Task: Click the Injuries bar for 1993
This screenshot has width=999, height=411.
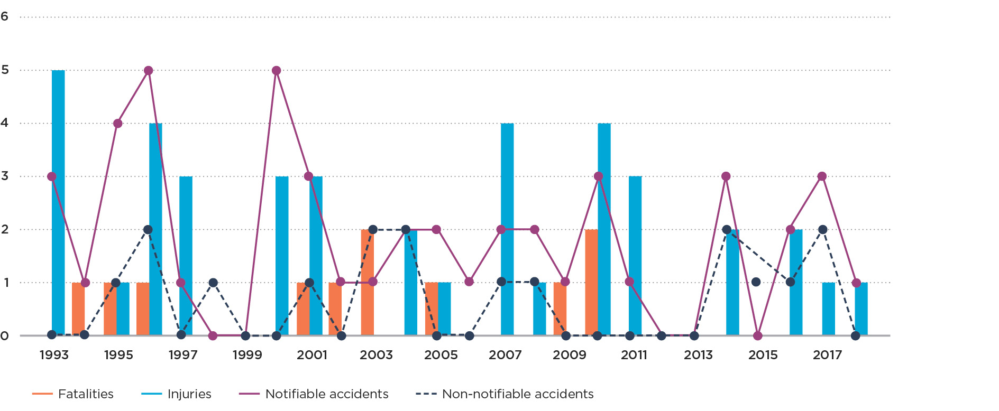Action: (58, 203)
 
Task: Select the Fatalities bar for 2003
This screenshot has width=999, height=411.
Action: (368, 282)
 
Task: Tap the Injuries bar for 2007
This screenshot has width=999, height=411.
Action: (507, 229)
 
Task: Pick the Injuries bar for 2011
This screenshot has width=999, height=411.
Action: (635, 256)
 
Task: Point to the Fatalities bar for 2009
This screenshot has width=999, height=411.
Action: (560, 309)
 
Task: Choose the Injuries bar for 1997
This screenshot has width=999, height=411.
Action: (186, 256)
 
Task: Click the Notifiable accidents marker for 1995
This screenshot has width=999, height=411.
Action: (117, 124)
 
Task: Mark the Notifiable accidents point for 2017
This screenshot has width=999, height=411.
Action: (822, 176)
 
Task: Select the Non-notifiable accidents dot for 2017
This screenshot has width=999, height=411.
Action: (822, 230)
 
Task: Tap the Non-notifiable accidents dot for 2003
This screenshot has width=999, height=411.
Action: (373, 230)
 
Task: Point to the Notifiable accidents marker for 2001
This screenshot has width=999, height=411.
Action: (308, 176)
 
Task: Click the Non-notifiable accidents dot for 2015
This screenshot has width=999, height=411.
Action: (756, 282)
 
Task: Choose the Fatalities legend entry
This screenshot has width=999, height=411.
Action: (73, 394)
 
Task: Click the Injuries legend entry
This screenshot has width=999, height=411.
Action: (177, 394)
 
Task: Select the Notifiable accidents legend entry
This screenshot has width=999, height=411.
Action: (314, 394)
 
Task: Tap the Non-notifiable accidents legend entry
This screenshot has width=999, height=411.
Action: (505, 394)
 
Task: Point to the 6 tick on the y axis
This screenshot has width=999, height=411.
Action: (5, 16)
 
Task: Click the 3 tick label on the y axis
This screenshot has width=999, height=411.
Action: (5, 176)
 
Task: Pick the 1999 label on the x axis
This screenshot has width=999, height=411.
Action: (247, 355)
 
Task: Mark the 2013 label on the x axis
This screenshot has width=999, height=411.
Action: (698, 355)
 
